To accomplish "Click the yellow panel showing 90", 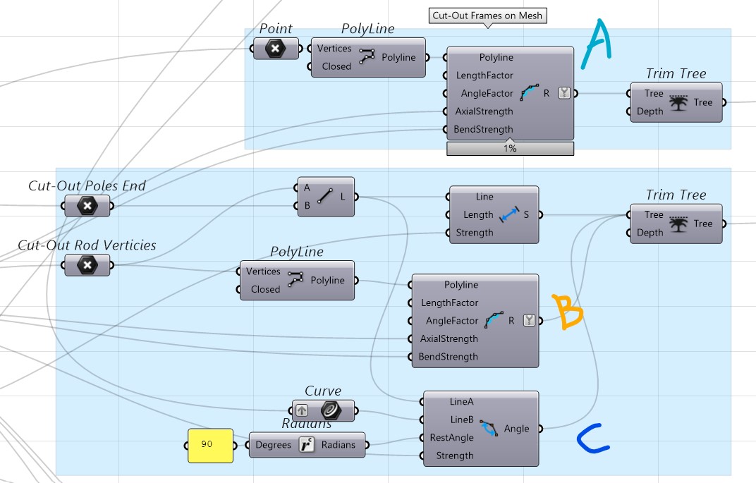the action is (210, 446).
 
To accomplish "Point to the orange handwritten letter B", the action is (567, 312).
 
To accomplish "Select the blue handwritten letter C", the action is (592, 439).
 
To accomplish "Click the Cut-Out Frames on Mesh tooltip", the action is (487, 16).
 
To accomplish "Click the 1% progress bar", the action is (510, 149).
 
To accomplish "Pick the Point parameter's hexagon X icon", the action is (275, 48).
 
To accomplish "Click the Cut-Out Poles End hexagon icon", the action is (87, 206).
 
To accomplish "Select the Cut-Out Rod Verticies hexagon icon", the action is (87, 265).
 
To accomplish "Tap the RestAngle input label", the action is (452, 438).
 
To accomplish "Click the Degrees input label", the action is (273, 445).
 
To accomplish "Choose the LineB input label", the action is (461, 420).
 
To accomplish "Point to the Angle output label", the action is (516, 429).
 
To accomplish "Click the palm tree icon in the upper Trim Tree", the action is (678, 102).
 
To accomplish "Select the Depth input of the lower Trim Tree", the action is (650, 233).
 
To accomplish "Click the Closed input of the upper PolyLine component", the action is (336, 66).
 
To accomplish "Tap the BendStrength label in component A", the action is (483, 130).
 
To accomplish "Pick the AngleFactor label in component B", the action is (452, 321).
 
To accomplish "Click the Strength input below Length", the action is (475, 233).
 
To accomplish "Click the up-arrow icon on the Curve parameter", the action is (302, 410).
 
